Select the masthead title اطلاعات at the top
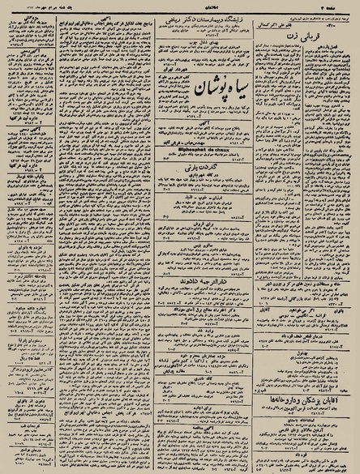[183, 6]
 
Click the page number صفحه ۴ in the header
[334, 6]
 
